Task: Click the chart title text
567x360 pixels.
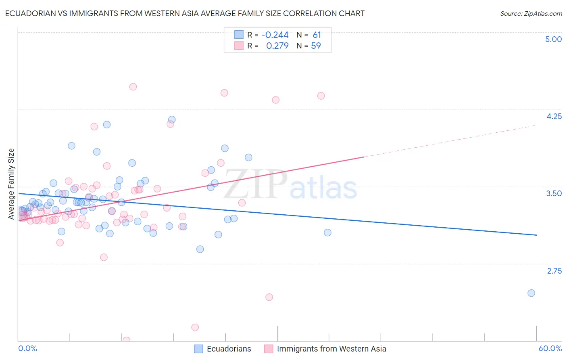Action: pyautogui.click(x=185, y=14)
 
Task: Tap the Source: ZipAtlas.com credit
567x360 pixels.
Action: pyautogui.click(x=531, y=14)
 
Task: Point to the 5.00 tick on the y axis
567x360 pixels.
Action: pyautogui.click(x=553, y=39)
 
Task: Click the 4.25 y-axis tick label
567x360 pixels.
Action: pyautogui.click(x=554, y=116)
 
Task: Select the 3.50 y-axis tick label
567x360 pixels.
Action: pyautogui.click(x=554, y=193)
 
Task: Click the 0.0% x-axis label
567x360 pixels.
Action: pyautogui.click(x=28, y=348)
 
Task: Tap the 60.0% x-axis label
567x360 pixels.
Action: pyautogui.click(x=550, y=348)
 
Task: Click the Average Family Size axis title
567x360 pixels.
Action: pyautogui.click(x=11, y=184)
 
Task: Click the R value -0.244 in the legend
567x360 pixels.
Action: pyautogui.click(x=275, y=35)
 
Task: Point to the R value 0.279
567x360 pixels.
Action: pyautogui.click(x=277, y=46)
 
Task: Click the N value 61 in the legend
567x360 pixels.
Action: pyautogui.click(x=317, y=35)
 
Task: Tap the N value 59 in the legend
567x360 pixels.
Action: pyautogui.click(x=316, y=46)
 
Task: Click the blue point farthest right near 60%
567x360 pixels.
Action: pyautogui.click(x=531, y=293)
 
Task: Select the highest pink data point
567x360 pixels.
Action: pyautogui.click(x=133, y=87)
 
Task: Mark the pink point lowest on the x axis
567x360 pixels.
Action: pyautogui.click(x=126, y=340)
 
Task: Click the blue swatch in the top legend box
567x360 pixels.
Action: pyautogui.click(x=239, y=35)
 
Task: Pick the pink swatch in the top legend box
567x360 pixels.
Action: pyautogui.click(x=239, y=46)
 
